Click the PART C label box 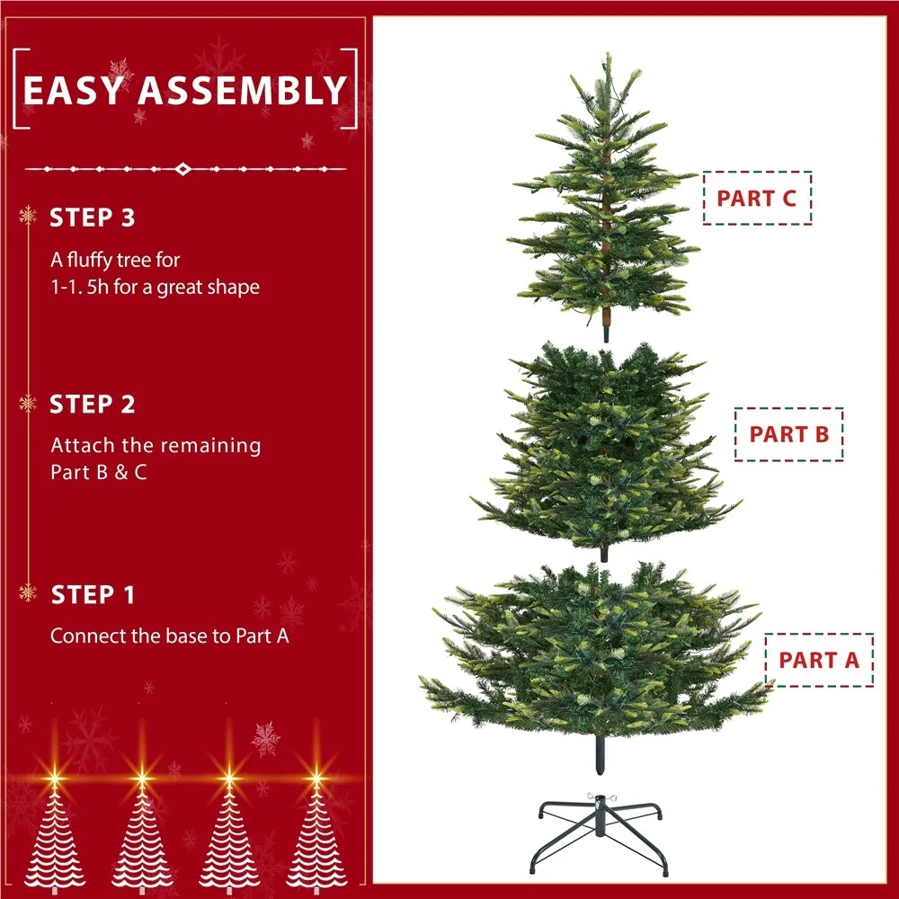pyautogui.click(x=757, y=198)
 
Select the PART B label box pyautogui.click(x=789, y=434)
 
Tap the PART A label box pyautogui.click(x=819, y=660)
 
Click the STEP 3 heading pyautogui.click(x=93, y=218)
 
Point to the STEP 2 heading pyautogui.click(x=93, y=405)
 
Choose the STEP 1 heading pyautogui.click(x=93, y=595)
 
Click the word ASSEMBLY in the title pyautogui.click(x=243, y=91)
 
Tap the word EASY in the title pyautogui.click(x=73, y=91)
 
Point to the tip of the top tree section pyautogui.click(x=609, y=55)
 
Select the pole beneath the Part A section pyautogui.click(x=600, y=754)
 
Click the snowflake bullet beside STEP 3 pyautogui.click(x=28, y=216)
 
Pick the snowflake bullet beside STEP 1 pyautogui.click(x=28, y=592)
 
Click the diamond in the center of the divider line pyautogui.click(x=182, y=169)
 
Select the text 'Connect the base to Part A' pyautogui.click(x=170, y=636)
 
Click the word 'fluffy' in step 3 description pyautogui.click(x=92, y=261)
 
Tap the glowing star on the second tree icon pyautogui.click(x=142, y=778)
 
